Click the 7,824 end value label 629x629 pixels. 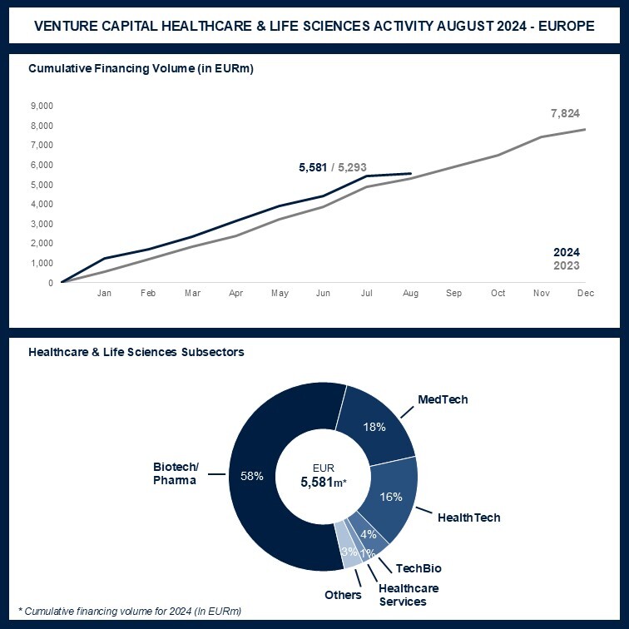pyautogui.click(x=565, y=113)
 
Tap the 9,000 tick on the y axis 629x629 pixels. pyautogui.click(x=41, y=106)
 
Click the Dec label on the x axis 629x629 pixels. pyautogui.click(x=586, y=294)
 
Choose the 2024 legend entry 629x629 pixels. pyautogui.click(x=567, y=252)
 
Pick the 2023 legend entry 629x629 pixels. pyautogui.click(x=567, y=266)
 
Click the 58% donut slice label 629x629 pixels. pyautogui.click(x=251, y=476)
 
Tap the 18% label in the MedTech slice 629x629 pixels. pyautogui.click(x=374, y=427)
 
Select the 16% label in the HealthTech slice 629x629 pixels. pyautogui.click(x=391, y=497)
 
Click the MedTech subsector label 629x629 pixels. pyautogui.click(x=443, y=399)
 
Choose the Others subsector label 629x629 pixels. pyautogui.click(x=344, y=595)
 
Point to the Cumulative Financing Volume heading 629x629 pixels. pyautogui.click(x=141, y=68)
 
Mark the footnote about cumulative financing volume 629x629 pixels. pyautogui.click(x=129, y=612)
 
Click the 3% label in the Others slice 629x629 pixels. pyautogui.click(x=349, y=552)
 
